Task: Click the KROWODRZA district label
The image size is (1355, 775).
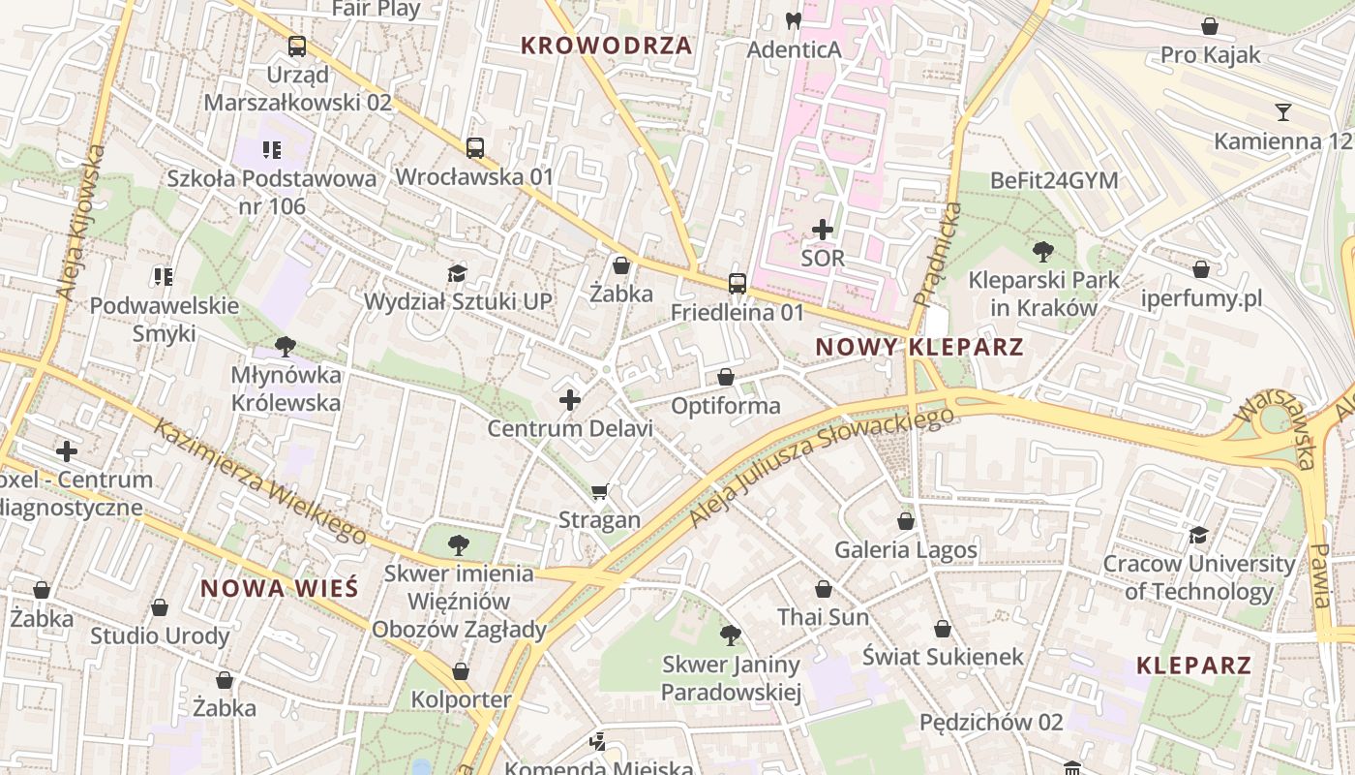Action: pyautogui.click(x=607, y=46)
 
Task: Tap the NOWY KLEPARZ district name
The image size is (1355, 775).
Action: pyautogui.click(x=918, y=347)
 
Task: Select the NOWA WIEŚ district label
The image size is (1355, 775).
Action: pyautogui.click(x=279, y=588)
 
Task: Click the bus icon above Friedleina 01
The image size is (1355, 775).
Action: pyautogui.click(x=738, y=284)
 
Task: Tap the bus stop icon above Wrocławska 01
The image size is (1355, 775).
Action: pyautogui.click(x=474, y=148)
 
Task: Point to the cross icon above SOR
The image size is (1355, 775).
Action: pyautogui.click(x=823, y=230)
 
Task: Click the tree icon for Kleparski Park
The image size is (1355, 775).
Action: pyautogui.click(x=1043, y=252)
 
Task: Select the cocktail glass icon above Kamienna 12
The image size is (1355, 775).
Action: pyautogui.click(x=1283, y=112)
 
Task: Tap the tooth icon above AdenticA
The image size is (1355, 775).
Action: pyautogui.click(x=793, y=20)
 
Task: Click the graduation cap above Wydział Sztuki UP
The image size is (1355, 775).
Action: pyautogui.click(x=457, y=274)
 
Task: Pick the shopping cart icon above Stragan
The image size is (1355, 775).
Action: pyautogui.click(x=600, y=492)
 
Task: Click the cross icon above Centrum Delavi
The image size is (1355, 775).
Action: pyautogui.click(x=570, y=399)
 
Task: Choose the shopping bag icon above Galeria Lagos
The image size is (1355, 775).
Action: pyautogui.click(x=906, y=521)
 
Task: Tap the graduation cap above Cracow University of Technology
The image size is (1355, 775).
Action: pyautogui.click(x=1198, y=536)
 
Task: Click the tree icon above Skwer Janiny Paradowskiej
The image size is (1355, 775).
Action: pyautogui.click(x=731, y=635)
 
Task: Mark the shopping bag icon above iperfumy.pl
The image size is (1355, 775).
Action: pyautogui.click(x=1201, y=269)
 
